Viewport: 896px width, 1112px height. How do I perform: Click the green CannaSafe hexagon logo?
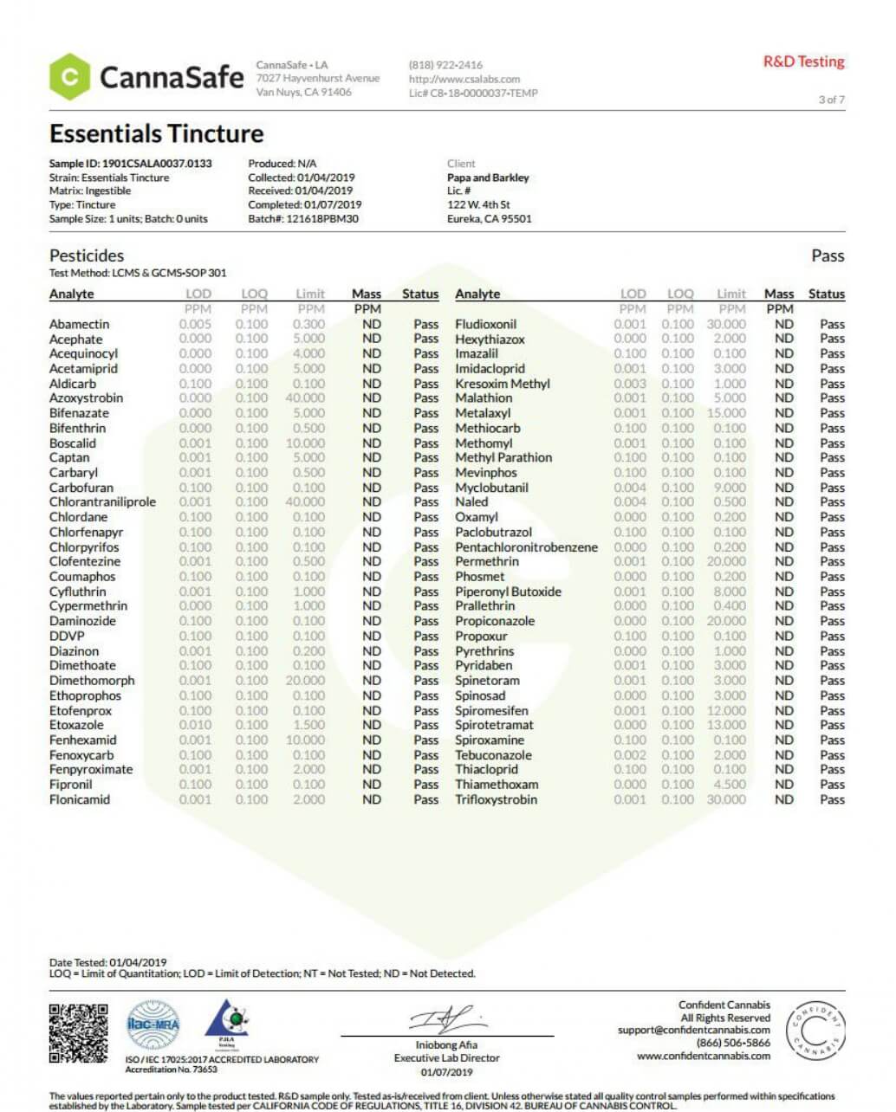coord(69,77)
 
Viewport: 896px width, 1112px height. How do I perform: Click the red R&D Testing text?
coord(803,61)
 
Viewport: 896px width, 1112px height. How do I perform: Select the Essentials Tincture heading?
coord(156,133)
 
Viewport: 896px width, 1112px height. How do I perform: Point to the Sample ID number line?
coord(130,164)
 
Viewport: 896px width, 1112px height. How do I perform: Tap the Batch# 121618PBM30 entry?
coord(302,219)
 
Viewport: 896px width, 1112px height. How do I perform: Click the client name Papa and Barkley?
coord(488,178)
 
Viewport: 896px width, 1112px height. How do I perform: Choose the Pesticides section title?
coord(87,255)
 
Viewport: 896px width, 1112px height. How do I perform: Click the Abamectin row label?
coord(79,324)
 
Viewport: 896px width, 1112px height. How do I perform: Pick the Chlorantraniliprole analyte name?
coord(102,502)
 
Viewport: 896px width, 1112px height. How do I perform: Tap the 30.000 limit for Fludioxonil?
coord(726,324)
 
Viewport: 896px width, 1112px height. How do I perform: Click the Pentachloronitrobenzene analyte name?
coord(526,547)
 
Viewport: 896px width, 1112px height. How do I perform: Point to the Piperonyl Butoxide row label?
coord(508,592)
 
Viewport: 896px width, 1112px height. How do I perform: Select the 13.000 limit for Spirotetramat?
coord(726,725)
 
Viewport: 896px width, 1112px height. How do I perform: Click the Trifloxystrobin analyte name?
coord(496,799)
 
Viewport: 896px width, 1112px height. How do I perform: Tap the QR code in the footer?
coord(79,1033)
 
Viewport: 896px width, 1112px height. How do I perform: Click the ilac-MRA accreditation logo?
coord(153,1025)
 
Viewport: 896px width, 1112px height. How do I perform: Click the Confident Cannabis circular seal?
coord(815,1031)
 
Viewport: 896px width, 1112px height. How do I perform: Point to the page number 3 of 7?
coord(831,100)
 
